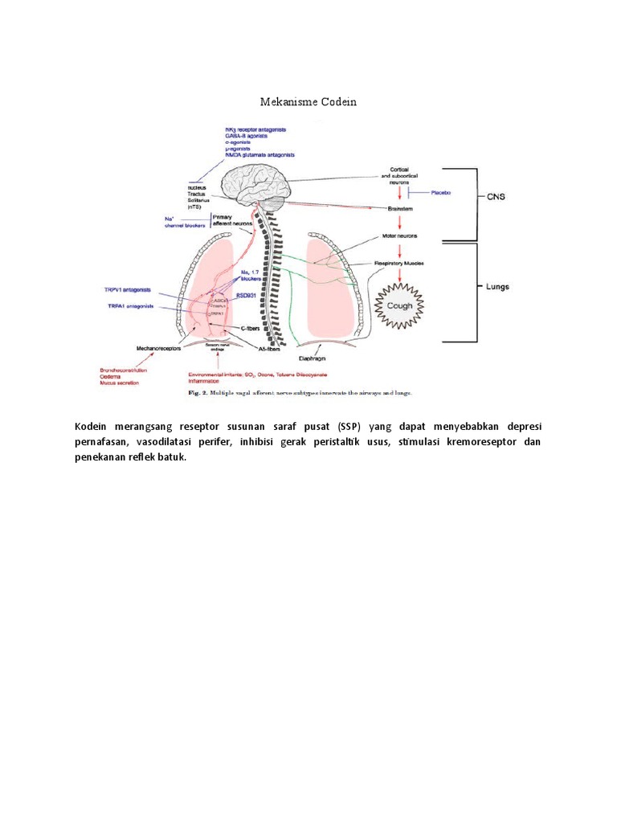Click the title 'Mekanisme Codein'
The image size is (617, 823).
click(x=308, y=102)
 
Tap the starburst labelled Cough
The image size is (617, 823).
click(x=399, y=305)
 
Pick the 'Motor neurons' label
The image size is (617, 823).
click(x=399, y=237)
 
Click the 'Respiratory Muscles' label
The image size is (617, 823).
click(x=399, y=263)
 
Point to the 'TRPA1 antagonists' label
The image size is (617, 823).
click(x=131, y=306)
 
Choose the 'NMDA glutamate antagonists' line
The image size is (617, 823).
click(x=261, y=154)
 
